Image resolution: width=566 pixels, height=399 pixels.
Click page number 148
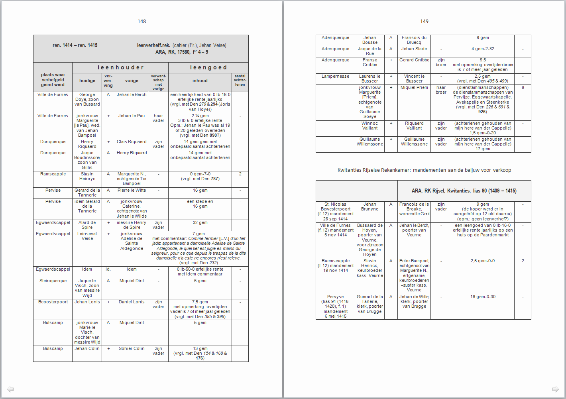[141, 22]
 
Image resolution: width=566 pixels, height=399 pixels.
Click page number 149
[424, 22]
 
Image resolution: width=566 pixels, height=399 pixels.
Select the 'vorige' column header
[132, 81]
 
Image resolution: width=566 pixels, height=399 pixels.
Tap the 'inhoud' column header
[200, 81]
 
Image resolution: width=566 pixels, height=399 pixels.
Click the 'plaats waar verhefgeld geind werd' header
[53, 80]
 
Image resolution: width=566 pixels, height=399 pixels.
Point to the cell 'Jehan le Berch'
[132, 95]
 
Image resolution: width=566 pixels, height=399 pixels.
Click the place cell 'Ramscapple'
[53, 174]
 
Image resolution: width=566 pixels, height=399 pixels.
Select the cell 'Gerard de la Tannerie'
[87, 193]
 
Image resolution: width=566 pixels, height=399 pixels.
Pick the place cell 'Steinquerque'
[53, 281]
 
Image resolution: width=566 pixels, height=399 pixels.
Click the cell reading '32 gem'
[200, 223]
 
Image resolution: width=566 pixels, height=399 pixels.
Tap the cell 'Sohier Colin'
[132, 349]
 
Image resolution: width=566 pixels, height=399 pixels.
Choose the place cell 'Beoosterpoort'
[53, 302]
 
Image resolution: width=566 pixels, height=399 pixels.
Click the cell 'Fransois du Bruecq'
[414, 40]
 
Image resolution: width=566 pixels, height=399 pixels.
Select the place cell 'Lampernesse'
[335, 77]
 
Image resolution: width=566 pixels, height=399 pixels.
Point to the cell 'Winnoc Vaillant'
[369, 126]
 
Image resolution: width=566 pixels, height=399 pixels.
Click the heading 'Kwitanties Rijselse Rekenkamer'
[424, 170]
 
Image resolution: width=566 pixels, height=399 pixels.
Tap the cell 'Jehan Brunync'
[369, 206]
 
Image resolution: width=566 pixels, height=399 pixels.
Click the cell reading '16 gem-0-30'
[482, 297]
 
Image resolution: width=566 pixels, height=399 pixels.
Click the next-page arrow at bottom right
[555, 389]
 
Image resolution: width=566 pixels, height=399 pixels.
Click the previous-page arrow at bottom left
[10, 389]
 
